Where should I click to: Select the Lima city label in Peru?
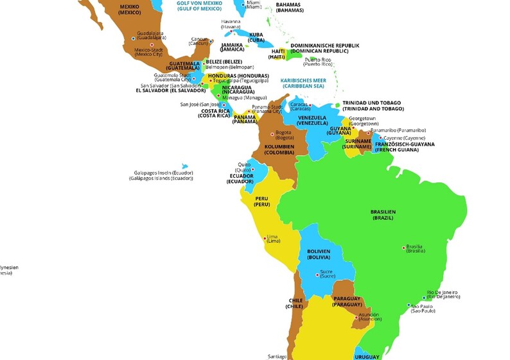pyautogui.click(x=273, y=238)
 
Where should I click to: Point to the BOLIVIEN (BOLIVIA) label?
pyautogui.click(x=318, y=254)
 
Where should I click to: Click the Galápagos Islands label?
pyautogui.click(x=161, y=176)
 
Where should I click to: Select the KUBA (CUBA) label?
pyautogui.click(x=257, y=37)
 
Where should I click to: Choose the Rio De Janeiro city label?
pyautogui.click(x=444, y=295)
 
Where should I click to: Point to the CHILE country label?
pyautogui.click(x=295, y=304)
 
